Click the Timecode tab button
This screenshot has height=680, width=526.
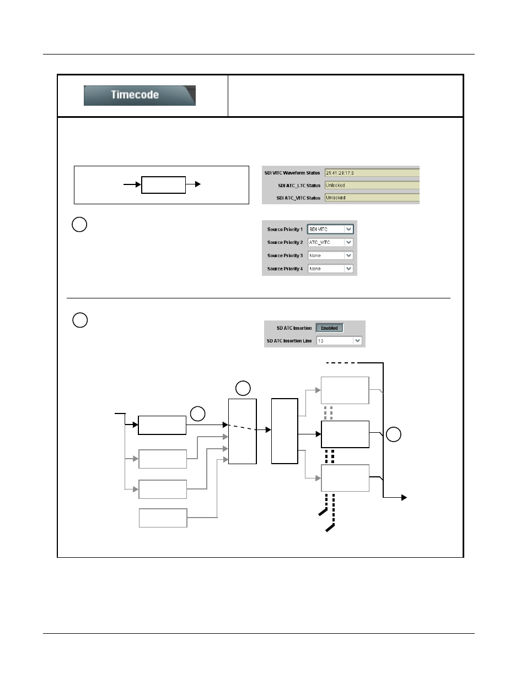[x=139, y=95]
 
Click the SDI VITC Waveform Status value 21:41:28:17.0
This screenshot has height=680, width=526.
[x=340, y=173]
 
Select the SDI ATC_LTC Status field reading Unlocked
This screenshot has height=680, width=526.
[x=371, y=186]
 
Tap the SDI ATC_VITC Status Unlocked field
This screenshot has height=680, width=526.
[x=371, y=198]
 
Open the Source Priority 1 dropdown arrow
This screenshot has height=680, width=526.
[x=348, y=230]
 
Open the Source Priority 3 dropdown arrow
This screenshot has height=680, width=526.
[x=348, y=255]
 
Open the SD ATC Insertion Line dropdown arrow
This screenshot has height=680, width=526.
[x=357, y=341]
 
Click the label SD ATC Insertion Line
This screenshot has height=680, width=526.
[x=289, y=341]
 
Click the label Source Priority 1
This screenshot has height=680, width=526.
[x=285, y=230]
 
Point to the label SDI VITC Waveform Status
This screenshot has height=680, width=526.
[x=292, y=173]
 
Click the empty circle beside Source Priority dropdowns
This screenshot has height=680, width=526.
[x=79, y=225]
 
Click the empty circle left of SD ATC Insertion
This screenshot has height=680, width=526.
[x=80, y=320]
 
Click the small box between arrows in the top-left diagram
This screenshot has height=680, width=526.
[x=163, y=185]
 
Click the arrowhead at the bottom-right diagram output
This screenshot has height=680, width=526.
[x=404, y=498]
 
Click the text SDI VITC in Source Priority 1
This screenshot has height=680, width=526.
[x=319, y=230]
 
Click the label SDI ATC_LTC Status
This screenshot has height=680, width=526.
[x=299, y=186]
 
